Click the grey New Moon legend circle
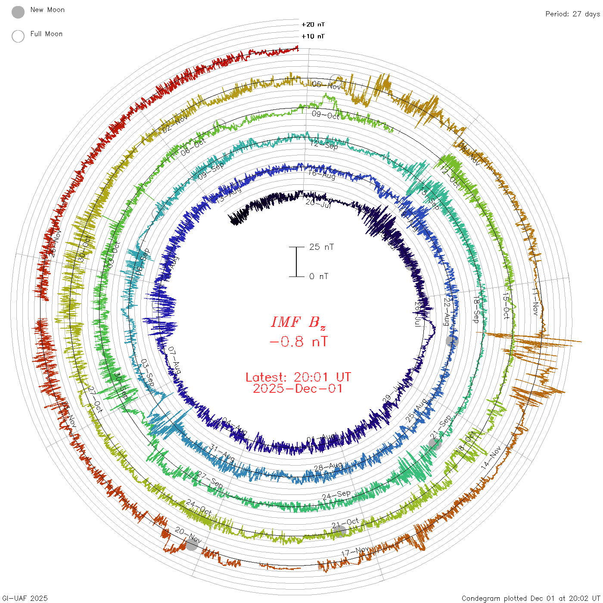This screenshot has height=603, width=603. (18, 12)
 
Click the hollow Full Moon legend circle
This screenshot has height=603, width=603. (18, 36)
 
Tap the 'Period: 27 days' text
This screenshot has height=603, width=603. (572, 14)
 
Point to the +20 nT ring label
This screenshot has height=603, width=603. (313, 25)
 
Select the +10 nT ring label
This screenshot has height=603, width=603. (313, 36)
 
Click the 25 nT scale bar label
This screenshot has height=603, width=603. (321, 247)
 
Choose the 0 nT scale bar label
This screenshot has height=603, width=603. (319, 276)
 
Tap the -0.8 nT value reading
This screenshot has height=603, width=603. (298, 342)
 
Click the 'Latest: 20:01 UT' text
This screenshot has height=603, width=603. (298, 377)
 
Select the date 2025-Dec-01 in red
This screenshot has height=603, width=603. (298, 389)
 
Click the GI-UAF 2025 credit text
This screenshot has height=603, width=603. (25, 598)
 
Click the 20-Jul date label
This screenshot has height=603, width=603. (318, 202)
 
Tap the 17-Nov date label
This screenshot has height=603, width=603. (355, 551)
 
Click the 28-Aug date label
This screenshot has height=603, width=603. (328, 467)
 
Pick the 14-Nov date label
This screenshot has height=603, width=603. (491, 457)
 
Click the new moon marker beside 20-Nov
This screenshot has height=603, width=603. (192, 545)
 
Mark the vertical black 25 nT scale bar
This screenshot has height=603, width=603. (296, 261)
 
